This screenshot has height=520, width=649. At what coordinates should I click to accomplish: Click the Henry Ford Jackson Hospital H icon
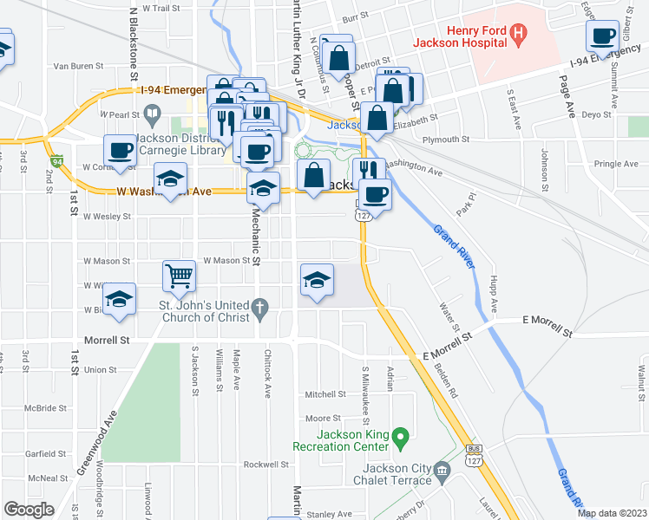pyautogui.click(x=518, y=36)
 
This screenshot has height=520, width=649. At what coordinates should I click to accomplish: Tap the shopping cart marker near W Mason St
pyautogui.click(x=179, y=276)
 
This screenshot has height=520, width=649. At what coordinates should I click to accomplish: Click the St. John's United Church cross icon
pyautogui.click(x=259, y=306)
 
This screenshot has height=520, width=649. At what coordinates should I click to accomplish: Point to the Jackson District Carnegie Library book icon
pyautogui.click(x=153, y=114)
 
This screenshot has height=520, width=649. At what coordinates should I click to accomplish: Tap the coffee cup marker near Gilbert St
pyautogui.click(x=602, y=36)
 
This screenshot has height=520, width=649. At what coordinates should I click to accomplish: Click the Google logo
pyautogui.click(x=29, y=510)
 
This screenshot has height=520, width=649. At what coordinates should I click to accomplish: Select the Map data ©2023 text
pyautogui.click(x=612, y=512)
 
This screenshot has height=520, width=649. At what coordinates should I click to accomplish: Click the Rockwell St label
pyautogui.click(x=265, y=465)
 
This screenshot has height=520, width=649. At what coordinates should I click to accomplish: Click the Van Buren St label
pyautogui.click(x=78, y=65)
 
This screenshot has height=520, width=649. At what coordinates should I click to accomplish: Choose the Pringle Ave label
pyautogui.click(x=616, y=163)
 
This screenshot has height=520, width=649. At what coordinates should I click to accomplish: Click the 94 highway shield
pyautogui.click(x=57, y=162)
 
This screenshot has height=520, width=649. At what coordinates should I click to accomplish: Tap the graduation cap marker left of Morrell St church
pyautogui.click(x=120, y=300)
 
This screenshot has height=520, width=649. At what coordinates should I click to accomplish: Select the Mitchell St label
pyautogui.click(x=325, y=393)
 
